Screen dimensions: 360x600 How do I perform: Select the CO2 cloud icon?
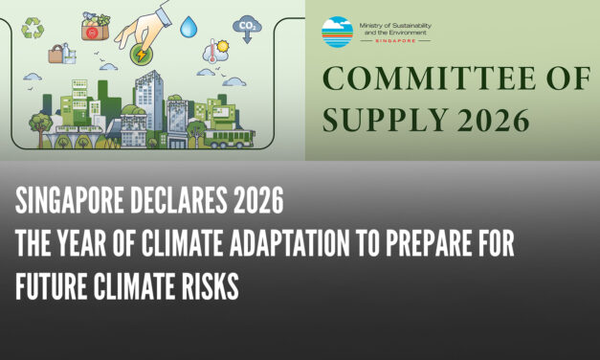pyautogui.click(x=248, y=26)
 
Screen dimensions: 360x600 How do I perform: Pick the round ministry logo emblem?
pyautogui.click(x=337, y=32)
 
